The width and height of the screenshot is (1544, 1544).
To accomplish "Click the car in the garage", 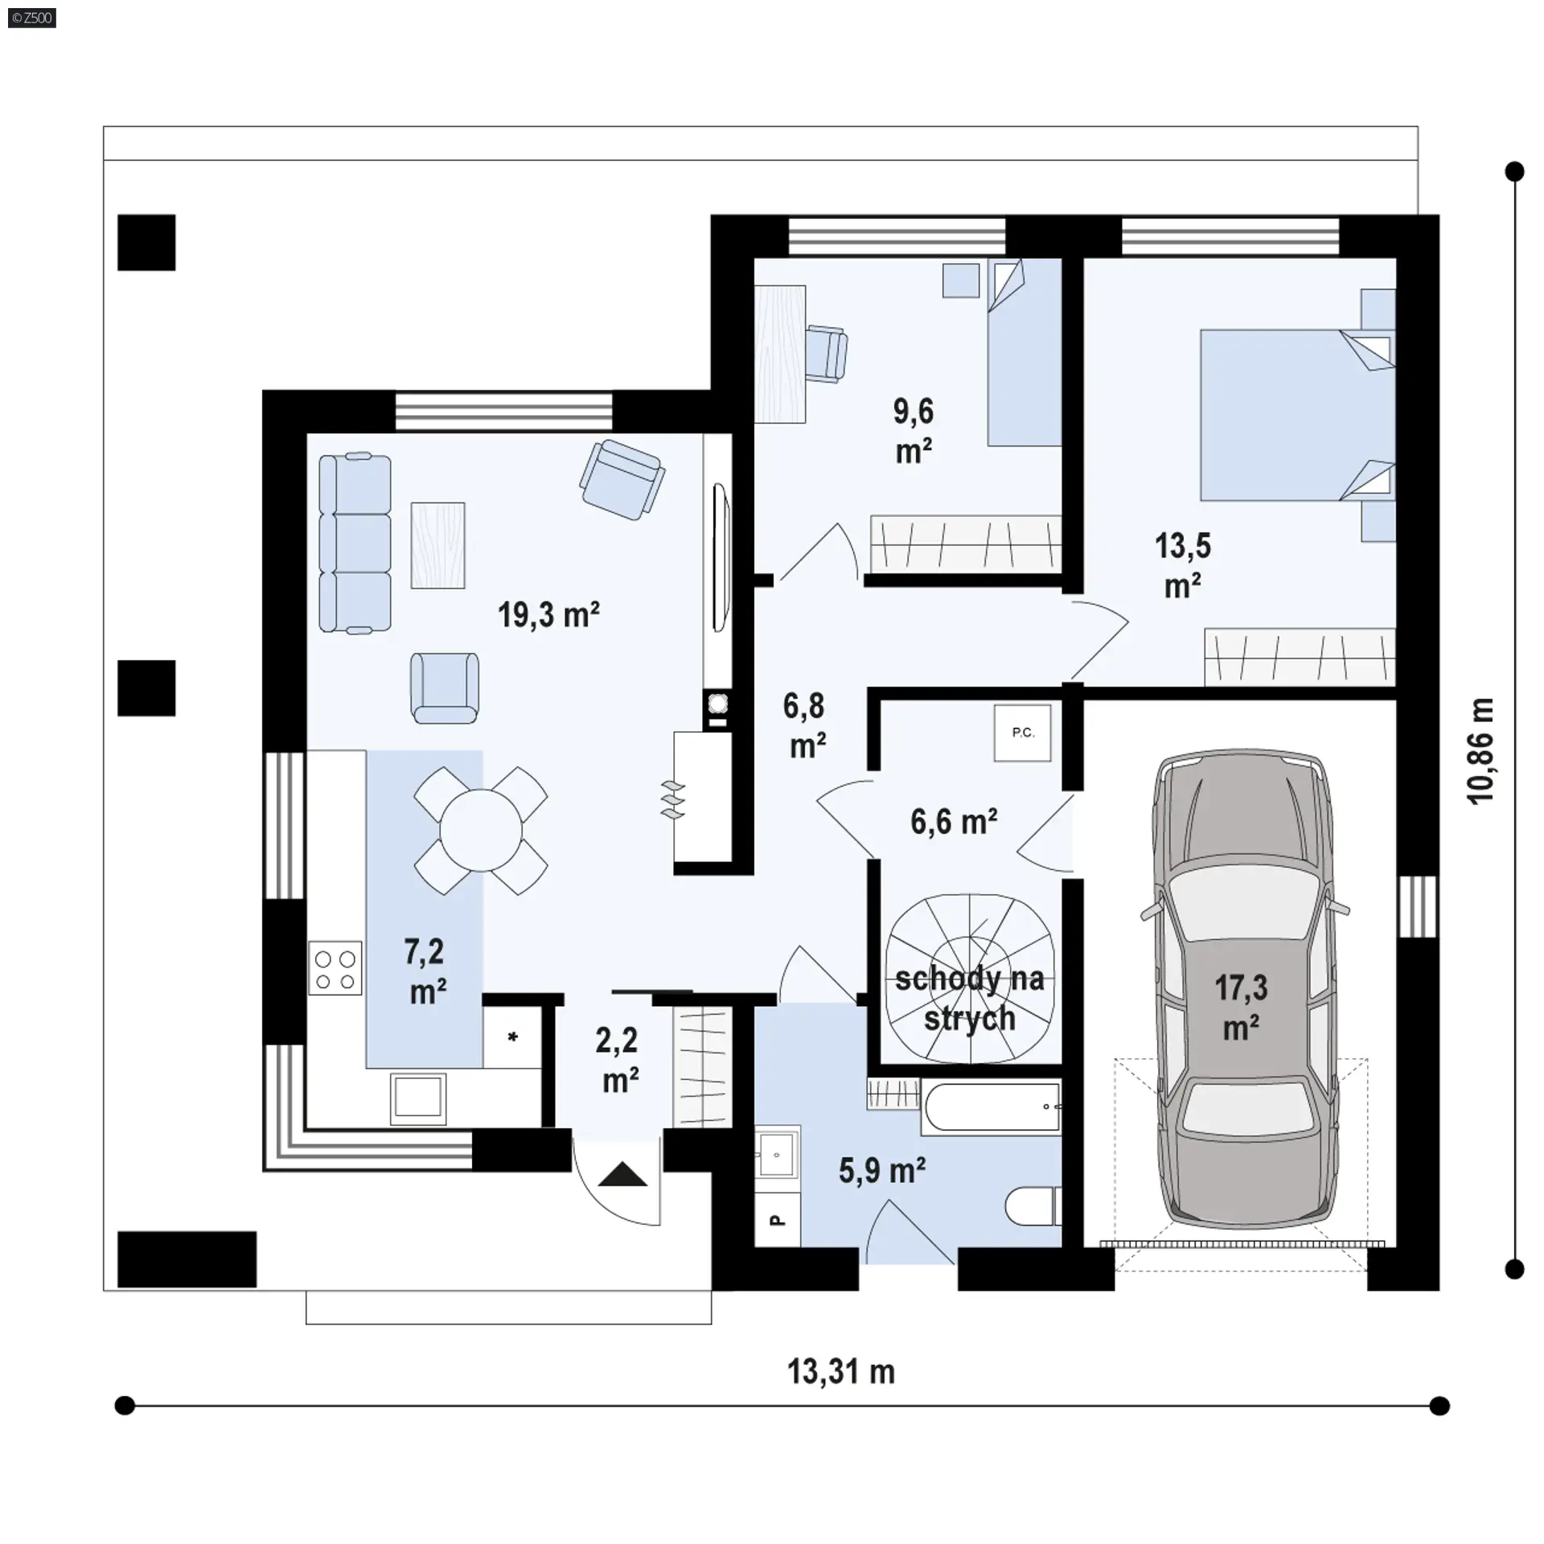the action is [1243, 990].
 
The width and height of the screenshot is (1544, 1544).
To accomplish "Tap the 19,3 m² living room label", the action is [548, 614].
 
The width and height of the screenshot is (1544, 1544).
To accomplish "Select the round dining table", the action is [481, 830].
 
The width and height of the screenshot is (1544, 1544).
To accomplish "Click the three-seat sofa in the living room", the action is [355, 544].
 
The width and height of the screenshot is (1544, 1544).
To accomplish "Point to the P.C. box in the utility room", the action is [1022, 733].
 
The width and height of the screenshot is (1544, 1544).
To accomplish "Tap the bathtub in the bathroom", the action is [991, 1108].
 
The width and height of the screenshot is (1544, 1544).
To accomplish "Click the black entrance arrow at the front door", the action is [622, 1175].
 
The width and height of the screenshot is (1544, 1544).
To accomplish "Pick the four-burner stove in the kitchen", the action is [335, 968].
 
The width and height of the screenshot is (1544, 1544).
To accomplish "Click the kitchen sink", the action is [418, 1097].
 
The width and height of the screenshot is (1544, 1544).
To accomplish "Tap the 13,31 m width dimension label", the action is [840, 1372].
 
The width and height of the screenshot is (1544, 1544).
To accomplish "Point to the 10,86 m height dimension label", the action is [1480, 751].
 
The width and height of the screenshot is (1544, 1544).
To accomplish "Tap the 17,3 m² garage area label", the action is [1241, 1008].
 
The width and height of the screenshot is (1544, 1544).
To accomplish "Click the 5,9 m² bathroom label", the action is [882, 1171].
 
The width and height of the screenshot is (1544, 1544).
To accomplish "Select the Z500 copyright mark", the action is [32, 18].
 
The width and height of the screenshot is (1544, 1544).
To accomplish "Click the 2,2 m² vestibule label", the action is [618, 1060].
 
